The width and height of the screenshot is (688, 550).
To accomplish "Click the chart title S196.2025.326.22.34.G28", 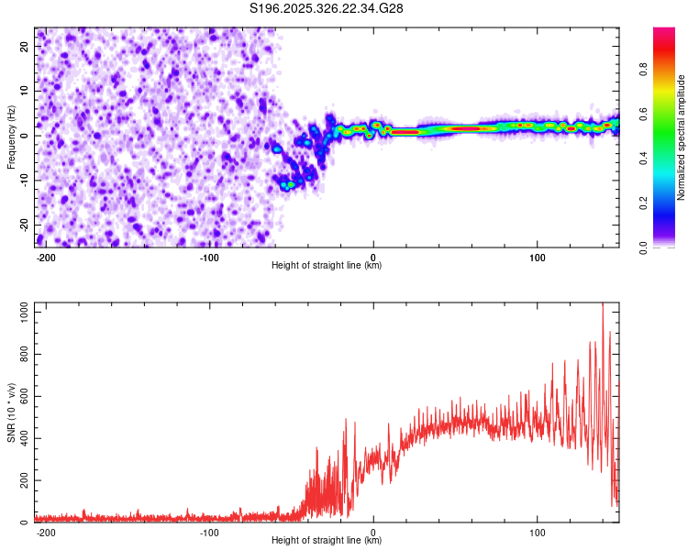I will pyautogui.click(x=327, y=8).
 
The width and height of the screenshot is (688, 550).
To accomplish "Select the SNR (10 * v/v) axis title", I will pyautogui.click(x=11, y=412).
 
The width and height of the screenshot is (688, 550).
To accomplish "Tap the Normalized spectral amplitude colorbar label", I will pyautogui.click(x=682, y=137).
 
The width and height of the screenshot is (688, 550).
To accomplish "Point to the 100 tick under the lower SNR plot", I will pyautogui.click(x=538, y=533).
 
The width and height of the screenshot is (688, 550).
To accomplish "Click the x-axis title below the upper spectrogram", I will pyautogui.click(x=327, y=266).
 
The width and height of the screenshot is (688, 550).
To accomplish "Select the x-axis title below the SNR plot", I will pyautogui.click(x=327, y=541).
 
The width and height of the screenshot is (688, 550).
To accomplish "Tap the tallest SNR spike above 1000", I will pyautogui.click(x=603, y=307).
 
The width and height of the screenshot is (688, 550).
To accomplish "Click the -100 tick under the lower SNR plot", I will pyautogui.click(x=209, y=533).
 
